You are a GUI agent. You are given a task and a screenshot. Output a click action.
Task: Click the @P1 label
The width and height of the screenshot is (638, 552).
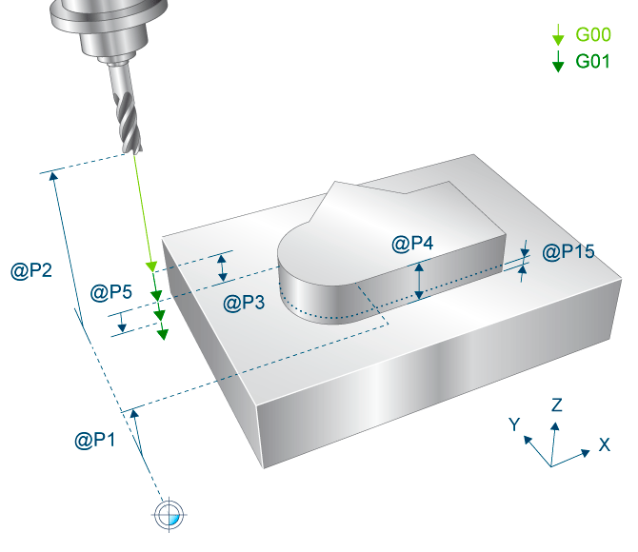coord(95,440)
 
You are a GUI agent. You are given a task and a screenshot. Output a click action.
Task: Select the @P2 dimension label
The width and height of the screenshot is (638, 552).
coord(31,270)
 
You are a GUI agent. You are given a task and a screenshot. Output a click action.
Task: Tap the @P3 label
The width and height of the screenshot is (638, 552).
coord(244,303)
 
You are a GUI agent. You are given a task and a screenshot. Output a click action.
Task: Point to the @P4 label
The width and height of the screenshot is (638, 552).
coord(412,244)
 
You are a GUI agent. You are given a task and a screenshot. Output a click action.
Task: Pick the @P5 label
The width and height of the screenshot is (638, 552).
coord(111,292)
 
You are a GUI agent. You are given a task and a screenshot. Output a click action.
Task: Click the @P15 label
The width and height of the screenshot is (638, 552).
coord(568,252)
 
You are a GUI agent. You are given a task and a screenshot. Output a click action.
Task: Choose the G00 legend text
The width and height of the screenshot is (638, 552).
coord(593,34)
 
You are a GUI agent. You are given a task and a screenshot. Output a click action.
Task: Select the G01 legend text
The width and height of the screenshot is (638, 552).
coord(593,62)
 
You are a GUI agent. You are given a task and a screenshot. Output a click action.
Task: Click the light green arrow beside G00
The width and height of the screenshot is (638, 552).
coord(558,34)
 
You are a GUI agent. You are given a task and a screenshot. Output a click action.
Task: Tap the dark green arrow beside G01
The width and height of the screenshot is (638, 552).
coord(558,62)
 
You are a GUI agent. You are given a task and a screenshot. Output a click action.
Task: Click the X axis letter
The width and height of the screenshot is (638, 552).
coord(605,444)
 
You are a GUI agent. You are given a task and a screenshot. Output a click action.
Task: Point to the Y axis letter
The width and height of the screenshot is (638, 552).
coord(514,424)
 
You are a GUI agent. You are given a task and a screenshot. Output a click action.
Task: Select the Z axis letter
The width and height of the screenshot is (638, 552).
coord(557,405)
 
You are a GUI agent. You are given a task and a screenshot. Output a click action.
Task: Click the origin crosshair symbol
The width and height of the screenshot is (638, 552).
coord(169,515)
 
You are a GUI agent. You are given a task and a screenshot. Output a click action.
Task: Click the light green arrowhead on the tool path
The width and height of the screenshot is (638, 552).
coord(151,266)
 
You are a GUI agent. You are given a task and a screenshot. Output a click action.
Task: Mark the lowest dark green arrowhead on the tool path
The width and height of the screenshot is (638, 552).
coord(163,334)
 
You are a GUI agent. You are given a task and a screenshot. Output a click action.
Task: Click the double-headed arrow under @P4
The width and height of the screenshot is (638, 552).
coord(419,281)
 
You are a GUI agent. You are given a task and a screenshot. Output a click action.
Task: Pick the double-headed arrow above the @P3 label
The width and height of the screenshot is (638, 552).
coord(222,267)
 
